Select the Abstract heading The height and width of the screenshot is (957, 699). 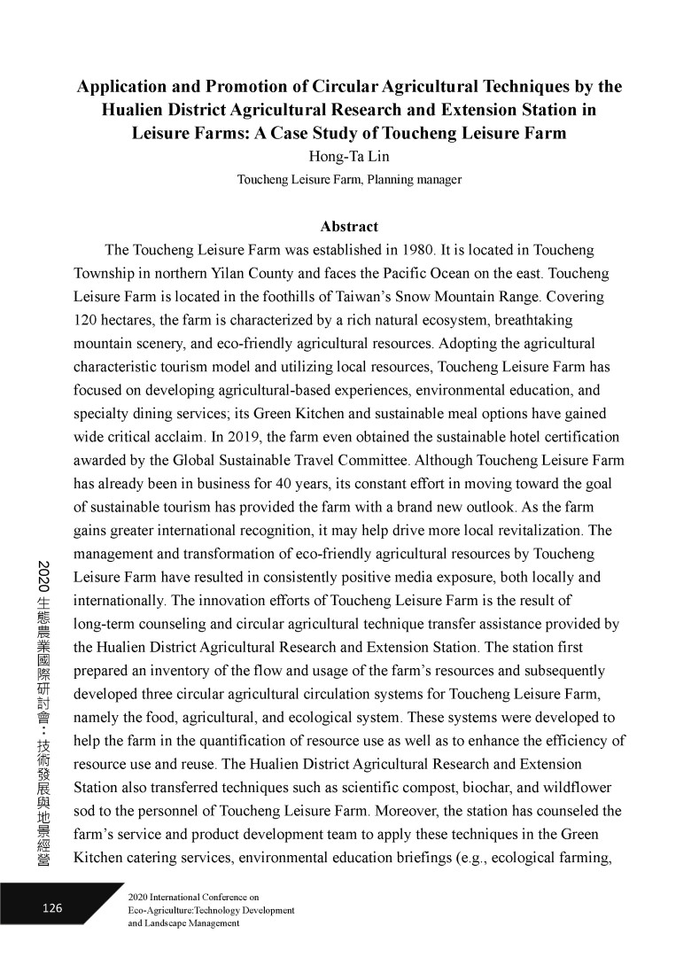click(x=349, y=227)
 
